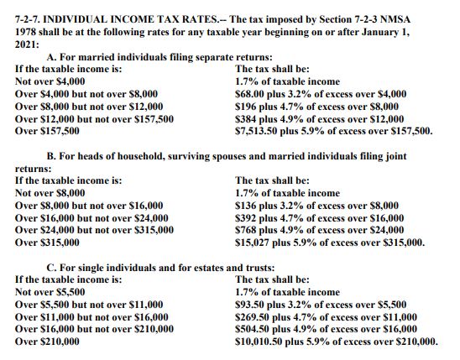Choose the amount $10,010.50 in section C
tap(261, 342)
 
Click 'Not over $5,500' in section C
tap(49, 292)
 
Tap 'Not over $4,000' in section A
tap(50, 81)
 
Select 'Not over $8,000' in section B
tap(50, 192)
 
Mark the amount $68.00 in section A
tap(250, 94)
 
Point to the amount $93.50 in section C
tap(250, 305)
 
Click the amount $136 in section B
tap(247, 205)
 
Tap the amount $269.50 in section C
tap(253, 317)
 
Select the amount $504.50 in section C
tap(253, 330)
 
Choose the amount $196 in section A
tap(247, 107)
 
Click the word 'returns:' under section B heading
tap(33, 168)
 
